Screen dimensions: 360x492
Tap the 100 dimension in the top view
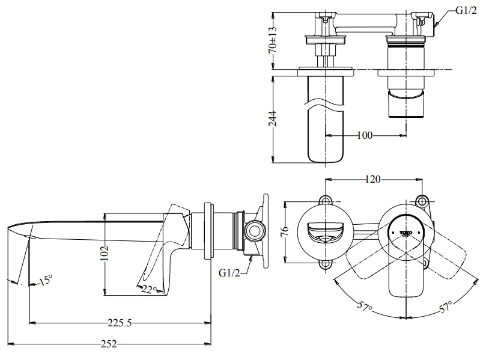tap(364, 136)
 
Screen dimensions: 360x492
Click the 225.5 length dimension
tap(120, 323)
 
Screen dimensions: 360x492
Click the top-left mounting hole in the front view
tap(326, 200)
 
